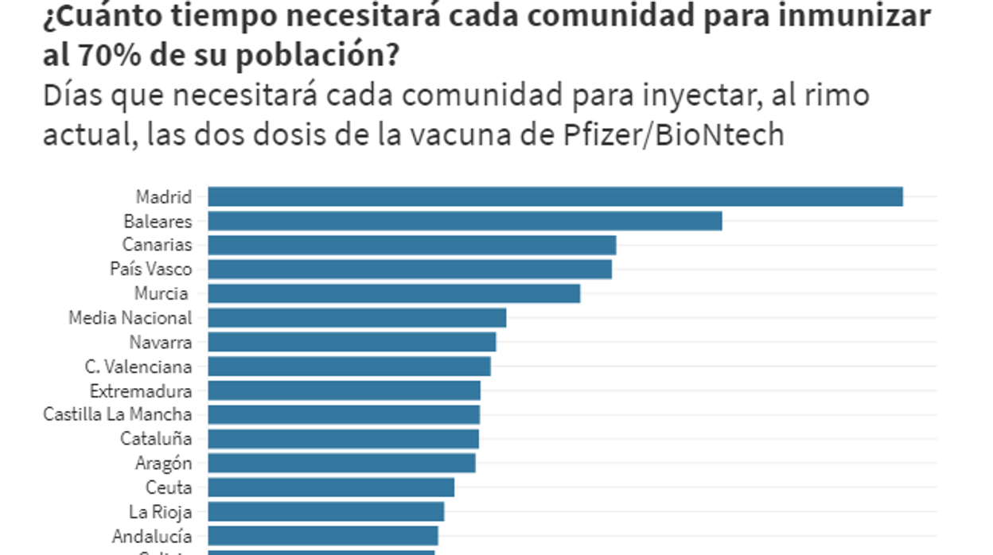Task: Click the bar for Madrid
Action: pyautogui.click(x=555, y=196)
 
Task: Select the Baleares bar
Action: pyautogui.click(x=465, y=220)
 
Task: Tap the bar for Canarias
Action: pyautogui.click(x=411, y=245)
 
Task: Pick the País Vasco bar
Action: pyautogui.click(x=410, y=270)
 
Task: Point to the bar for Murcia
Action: pyautogui.click(x=394, y=293)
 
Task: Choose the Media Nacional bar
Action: pyautogui.click(x=356, y=318)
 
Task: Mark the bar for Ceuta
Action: pyautogui.click(x=331, y=487)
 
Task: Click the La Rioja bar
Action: pyautogui.click(x=325, y=511)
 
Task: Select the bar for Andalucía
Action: pyautogui.click(x=322, y=535)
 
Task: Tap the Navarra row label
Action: pyautogui.click(x=161, y=343)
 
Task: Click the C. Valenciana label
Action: pyautogui.click(x=138, y=367)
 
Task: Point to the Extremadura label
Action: pyautogui.click(x=141, y=391)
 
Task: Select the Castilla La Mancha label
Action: pyautogui.click(x=118, y=414)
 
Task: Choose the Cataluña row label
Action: pyautogui.click(x=156, y=439)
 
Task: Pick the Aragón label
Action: pyautogui.click(x=164, y=463)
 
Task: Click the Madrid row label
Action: pyautogui.click(x=164, y=196)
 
